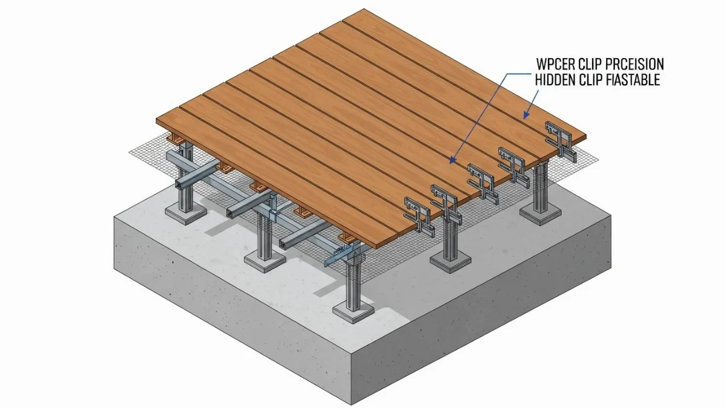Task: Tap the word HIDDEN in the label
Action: (x=555, y=80)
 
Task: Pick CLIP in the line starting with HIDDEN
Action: (x=590, y=80)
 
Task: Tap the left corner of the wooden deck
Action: (x=157, y=120)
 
